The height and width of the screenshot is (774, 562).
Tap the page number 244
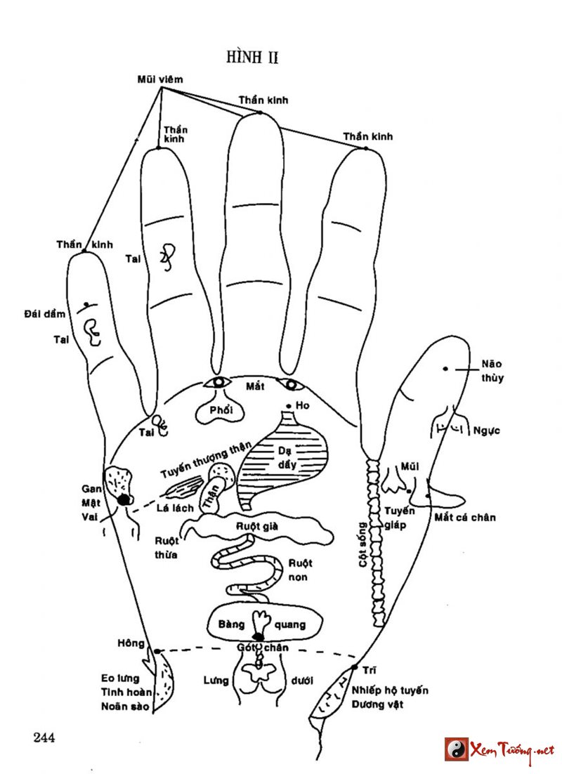click(x=44, y=737)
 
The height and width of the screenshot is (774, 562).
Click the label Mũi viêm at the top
click(x=160, y=79)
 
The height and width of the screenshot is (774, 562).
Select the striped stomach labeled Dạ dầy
click(x=281, y=464)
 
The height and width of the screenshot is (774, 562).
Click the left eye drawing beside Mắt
click(x=218, y=383)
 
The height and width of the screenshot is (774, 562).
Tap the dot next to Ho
click(x=289, y=406)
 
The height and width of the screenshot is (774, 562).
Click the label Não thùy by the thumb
click(x=492, y=371)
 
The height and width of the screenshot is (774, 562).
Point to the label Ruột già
click(x=254, y=524)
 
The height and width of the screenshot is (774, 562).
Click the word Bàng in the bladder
click(x=231, y=624)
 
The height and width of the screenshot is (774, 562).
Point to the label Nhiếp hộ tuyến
click(x=391, y=690)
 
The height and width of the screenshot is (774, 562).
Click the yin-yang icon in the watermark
click(x=456, y=749)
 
